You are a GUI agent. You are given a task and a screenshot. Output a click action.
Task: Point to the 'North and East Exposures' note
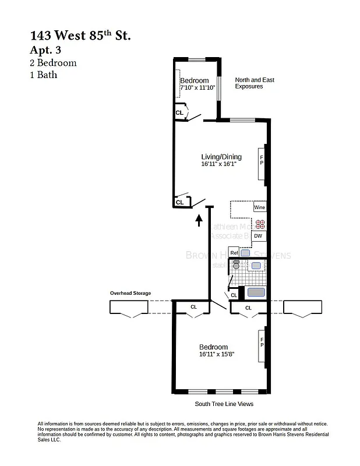pos(254,83)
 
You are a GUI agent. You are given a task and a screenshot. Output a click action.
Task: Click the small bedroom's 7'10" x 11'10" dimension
pos(197,88)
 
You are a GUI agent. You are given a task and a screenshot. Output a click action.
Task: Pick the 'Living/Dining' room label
pos(221,157)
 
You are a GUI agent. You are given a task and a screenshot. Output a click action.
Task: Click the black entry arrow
pos(199,219)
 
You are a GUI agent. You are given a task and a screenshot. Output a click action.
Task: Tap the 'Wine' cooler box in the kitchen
pos(259,207)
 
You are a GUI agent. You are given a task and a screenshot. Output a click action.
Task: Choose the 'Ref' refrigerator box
pos(234,253)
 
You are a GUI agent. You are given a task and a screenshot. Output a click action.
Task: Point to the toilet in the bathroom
pos(236,265)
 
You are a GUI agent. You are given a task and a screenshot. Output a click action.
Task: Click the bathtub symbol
pos(256,292)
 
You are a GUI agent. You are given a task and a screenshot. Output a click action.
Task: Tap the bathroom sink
pos(256,266)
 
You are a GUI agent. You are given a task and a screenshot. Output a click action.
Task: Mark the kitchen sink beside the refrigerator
pos(246,253)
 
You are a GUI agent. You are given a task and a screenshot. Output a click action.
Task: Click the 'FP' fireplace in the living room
pos(262,160)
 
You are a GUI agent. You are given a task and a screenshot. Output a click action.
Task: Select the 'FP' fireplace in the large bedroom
pos(262,342)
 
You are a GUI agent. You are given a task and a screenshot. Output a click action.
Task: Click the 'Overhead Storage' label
pos(130,293)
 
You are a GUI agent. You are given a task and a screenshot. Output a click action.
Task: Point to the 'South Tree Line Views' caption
pos(224,404)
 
